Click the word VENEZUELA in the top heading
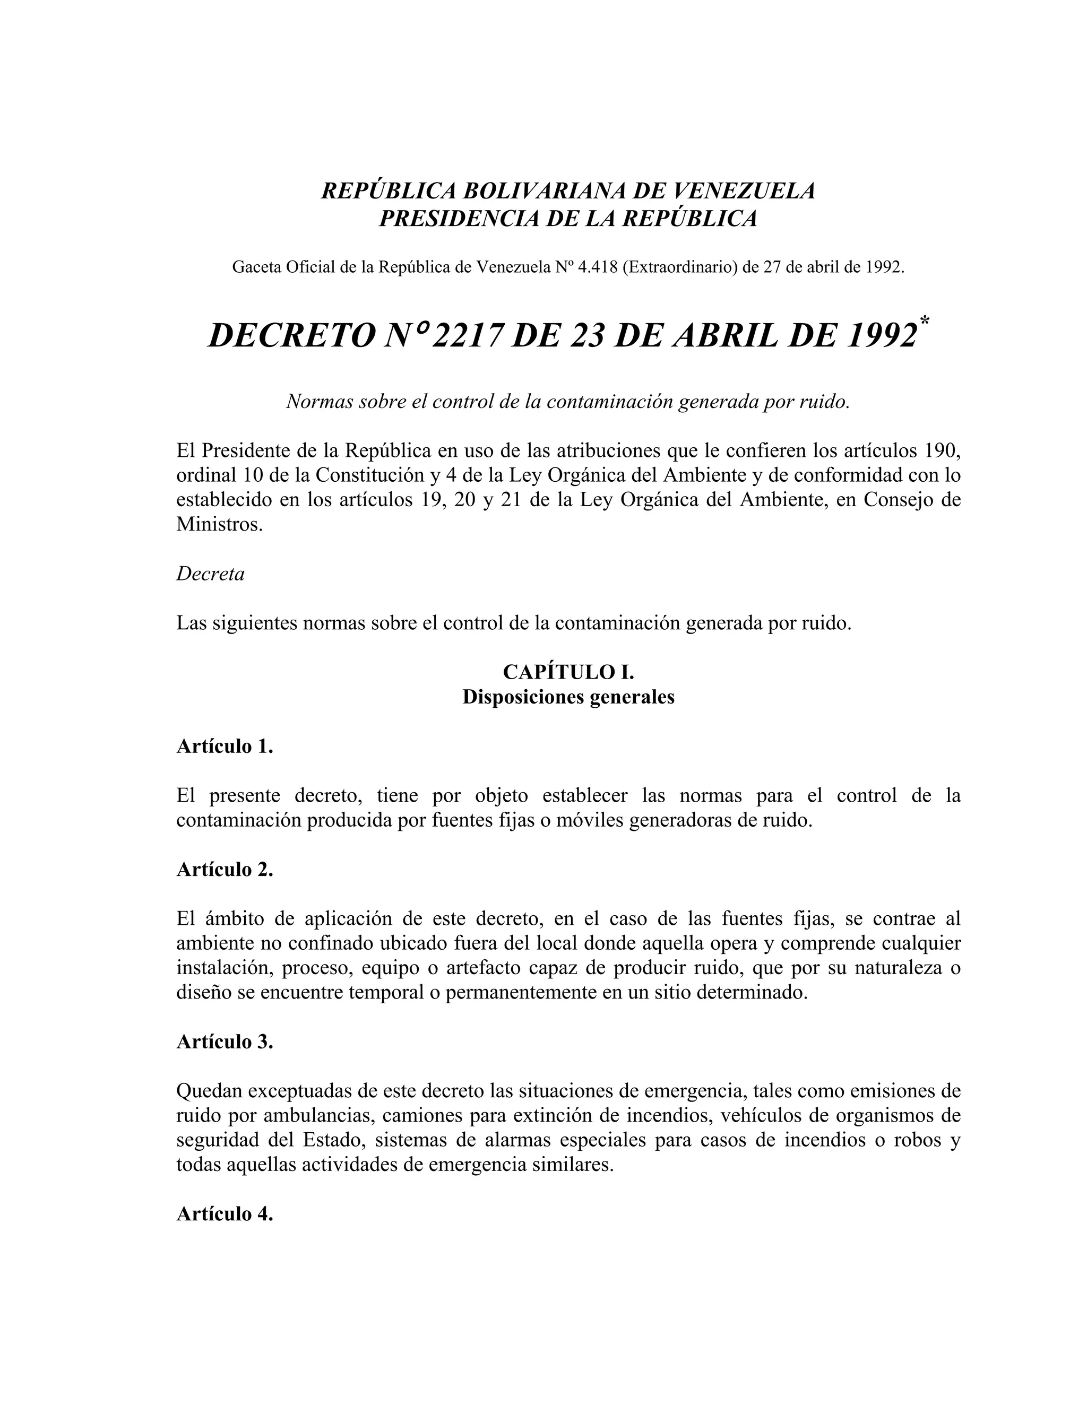pos(743,190)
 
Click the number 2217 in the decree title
pos(465,335)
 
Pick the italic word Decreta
pos(211,574)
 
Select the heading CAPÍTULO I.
pos(568,672)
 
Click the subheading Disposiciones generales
pos(568,697)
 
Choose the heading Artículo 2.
pos(225,869)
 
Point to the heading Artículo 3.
pos(225,1042)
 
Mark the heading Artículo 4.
pos(225,1213)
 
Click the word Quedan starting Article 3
pos(209,1091)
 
